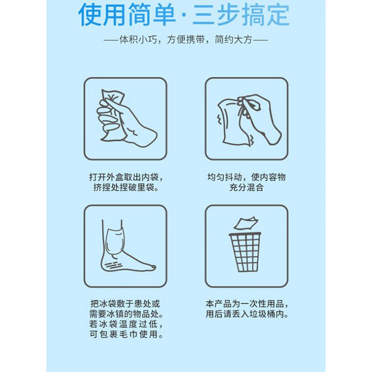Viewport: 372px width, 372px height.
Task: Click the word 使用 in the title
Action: coord(102,15)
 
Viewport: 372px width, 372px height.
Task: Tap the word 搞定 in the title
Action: coord(265,15)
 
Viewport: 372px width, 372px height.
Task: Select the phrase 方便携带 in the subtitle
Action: coord(186,40)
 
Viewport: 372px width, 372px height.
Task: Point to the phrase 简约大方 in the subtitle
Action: coord(233,40)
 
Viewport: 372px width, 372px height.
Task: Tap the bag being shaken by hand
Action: coord(234,121)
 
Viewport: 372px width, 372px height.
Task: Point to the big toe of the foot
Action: coord(151,267)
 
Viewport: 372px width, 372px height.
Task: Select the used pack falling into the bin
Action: coord(245,224)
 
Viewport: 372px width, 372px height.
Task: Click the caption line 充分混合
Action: coord(246,187)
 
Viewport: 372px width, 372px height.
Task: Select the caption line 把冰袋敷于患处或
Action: coord(125,304)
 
